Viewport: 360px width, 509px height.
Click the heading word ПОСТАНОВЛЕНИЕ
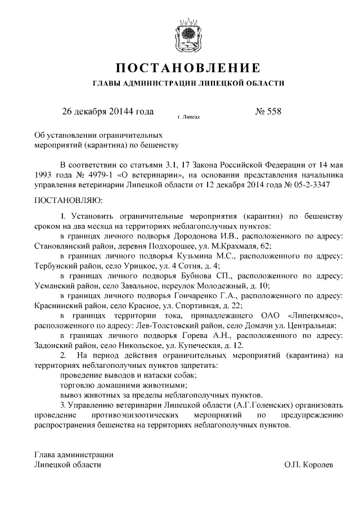pos(188,69)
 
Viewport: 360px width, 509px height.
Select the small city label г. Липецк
pos(188,118)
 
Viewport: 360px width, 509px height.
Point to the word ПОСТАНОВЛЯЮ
pos(67,199)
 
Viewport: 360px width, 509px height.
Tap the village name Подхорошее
pos(168,246)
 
